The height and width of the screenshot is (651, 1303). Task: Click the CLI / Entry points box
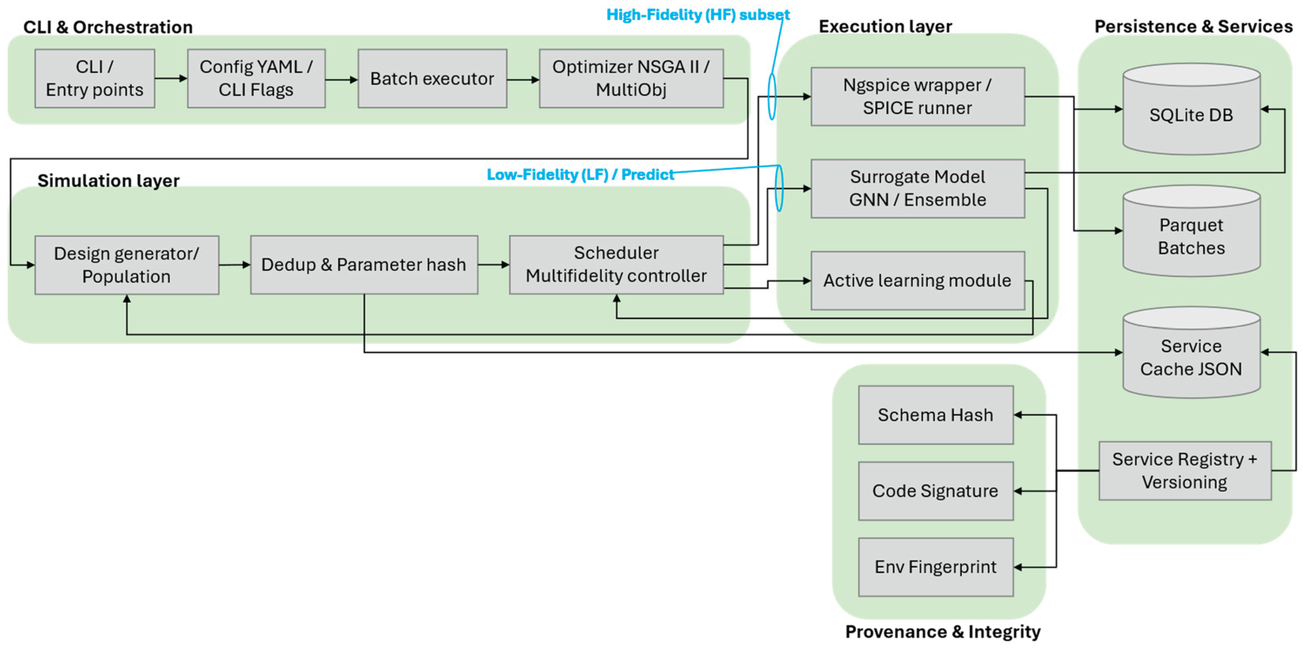click(x=95, y=78)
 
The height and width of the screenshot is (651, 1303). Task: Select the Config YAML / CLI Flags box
click(x=256, y=78)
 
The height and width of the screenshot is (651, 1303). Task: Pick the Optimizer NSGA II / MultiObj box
click(x=631, y=78)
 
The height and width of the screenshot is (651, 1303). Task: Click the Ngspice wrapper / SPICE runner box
click(x=917, y=97)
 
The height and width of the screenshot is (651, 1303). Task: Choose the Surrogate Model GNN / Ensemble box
click(x=917, y=189)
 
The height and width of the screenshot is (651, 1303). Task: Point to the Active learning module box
click(x=917, y=280)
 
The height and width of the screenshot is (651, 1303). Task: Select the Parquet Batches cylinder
click(x=1191, y=236)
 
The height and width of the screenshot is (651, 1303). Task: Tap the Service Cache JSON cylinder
click(x=1191, y=357)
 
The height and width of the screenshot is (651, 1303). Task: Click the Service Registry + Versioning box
click(x=1184, y=471)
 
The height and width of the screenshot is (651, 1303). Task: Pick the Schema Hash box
click(x=935, y=415)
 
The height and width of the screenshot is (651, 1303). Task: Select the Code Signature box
click(x=935, y=491)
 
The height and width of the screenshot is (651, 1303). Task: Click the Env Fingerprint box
click(x=935, y=567)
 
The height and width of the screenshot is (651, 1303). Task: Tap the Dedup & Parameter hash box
click(x=364, y=264)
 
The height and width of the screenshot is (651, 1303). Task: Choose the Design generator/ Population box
click(x=127, y=264)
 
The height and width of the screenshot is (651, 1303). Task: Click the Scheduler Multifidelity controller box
click(x=616, y=264)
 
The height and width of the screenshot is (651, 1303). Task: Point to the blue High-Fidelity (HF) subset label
click(x=697, y=15)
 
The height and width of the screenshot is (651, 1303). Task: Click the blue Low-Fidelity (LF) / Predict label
click(x=580, y=174)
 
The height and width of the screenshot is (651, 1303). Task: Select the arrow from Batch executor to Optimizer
click(x=523, y=79)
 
